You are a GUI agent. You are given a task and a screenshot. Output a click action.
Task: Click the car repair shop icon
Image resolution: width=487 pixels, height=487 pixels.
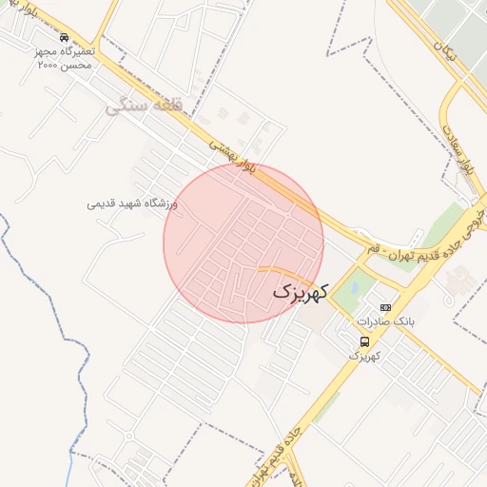click(x=63, y=37)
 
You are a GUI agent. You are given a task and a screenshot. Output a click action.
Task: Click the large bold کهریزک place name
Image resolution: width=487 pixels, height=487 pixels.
click(x=299, y=291)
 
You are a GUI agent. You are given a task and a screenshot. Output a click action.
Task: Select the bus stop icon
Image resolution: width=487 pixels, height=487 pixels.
click(x=365, y=342)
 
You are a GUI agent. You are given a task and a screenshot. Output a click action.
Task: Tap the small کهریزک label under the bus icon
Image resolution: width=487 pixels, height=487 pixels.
click(x=365, y=356)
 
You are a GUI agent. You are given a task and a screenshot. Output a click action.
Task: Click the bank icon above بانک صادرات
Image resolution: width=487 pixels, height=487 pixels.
click(x=385, y=308)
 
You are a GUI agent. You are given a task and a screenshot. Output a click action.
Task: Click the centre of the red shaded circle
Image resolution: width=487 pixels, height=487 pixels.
click(x=243, y=243)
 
